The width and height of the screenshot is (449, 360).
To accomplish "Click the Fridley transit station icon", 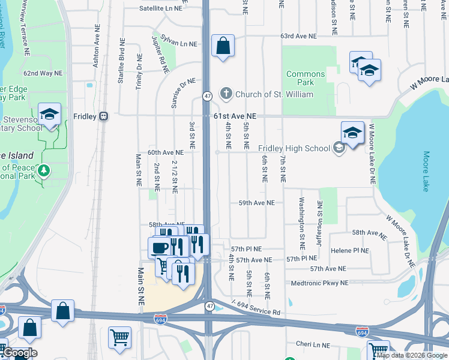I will pos(103,116).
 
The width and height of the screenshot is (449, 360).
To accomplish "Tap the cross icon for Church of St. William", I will pos(226,94).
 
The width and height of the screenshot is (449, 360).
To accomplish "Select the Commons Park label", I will pos(306,78).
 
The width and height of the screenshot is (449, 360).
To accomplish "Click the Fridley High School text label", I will pos(294,148).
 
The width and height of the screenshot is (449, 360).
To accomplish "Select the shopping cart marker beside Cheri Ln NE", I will pos(379,350).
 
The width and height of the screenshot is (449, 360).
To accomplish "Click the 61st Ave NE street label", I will pos(235,116).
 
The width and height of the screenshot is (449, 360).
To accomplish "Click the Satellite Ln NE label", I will pos(160,8).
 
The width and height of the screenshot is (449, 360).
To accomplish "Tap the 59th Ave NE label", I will pos(256,203).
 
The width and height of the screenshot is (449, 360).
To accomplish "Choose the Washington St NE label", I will pos(302,224).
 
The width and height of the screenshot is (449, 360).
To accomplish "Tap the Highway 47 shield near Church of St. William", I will pos(206,96).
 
